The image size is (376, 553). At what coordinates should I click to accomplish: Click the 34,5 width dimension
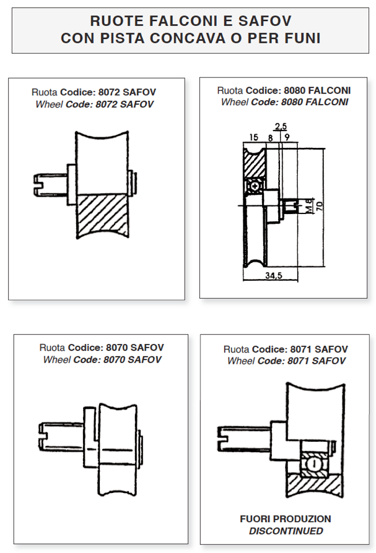click(270, 276)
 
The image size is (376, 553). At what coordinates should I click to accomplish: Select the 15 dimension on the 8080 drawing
click(253, 137)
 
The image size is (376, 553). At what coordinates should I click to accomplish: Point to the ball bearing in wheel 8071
click(313, 463)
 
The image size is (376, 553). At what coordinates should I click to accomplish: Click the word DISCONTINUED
click(286, 531)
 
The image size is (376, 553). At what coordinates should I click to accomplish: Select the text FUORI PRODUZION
click(286, 519)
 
